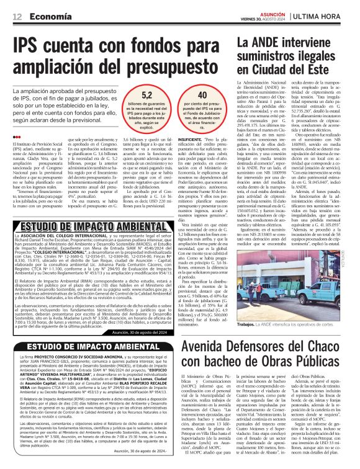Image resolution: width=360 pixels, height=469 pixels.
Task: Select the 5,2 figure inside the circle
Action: point(148,94)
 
